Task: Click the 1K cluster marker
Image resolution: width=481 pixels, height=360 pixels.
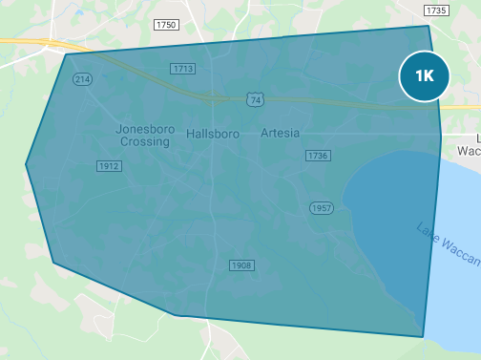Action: coord(424,75)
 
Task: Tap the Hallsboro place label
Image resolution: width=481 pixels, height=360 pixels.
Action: coord(212,134)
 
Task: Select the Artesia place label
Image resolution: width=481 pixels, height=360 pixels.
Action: coord(280,134)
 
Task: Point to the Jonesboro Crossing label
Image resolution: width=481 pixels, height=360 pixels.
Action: coord(144,135)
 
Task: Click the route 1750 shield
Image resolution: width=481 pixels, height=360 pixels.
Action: coord(165,24)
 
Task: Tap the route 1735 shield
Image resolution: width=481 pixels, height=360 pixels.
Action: coord(436,10)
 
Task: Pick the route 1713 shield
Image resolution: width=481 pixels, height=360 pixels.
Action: coord(182,69)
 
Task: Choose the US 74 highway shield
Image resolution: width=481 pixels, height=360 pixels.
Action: coord(254,99)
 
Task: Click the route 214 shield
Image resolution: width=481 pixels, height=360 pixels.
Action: coord(82,79)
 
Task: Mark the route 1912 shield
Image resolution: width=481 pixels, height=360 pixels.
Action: coord(109,166)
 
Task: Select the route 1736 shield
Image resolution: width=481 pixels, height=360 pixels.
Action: coord(318,155)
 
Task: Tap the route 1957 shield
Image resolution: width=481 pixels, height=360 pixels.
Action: coord(322,207)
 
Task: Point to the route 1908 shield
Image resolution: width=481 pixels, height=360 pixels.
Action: coord(241,265)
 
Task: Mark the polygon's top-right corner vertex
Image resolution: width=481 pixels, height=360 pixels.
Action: coord(429,26)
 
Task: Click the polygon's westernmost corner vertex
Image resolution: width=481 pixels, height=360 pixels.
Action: coord(26,164)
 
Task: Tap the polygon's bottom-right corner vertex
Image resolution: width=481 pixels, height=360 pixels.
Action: coord(423,336)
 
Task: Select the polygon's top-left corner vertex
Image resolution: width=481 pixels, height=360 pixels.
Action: coord(66,54)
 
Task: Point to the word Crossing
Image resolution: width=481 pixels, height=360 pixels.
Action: coord(145,141)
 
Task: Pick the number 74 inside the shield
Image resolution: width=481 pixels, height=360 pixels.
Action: coord(254,100)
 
